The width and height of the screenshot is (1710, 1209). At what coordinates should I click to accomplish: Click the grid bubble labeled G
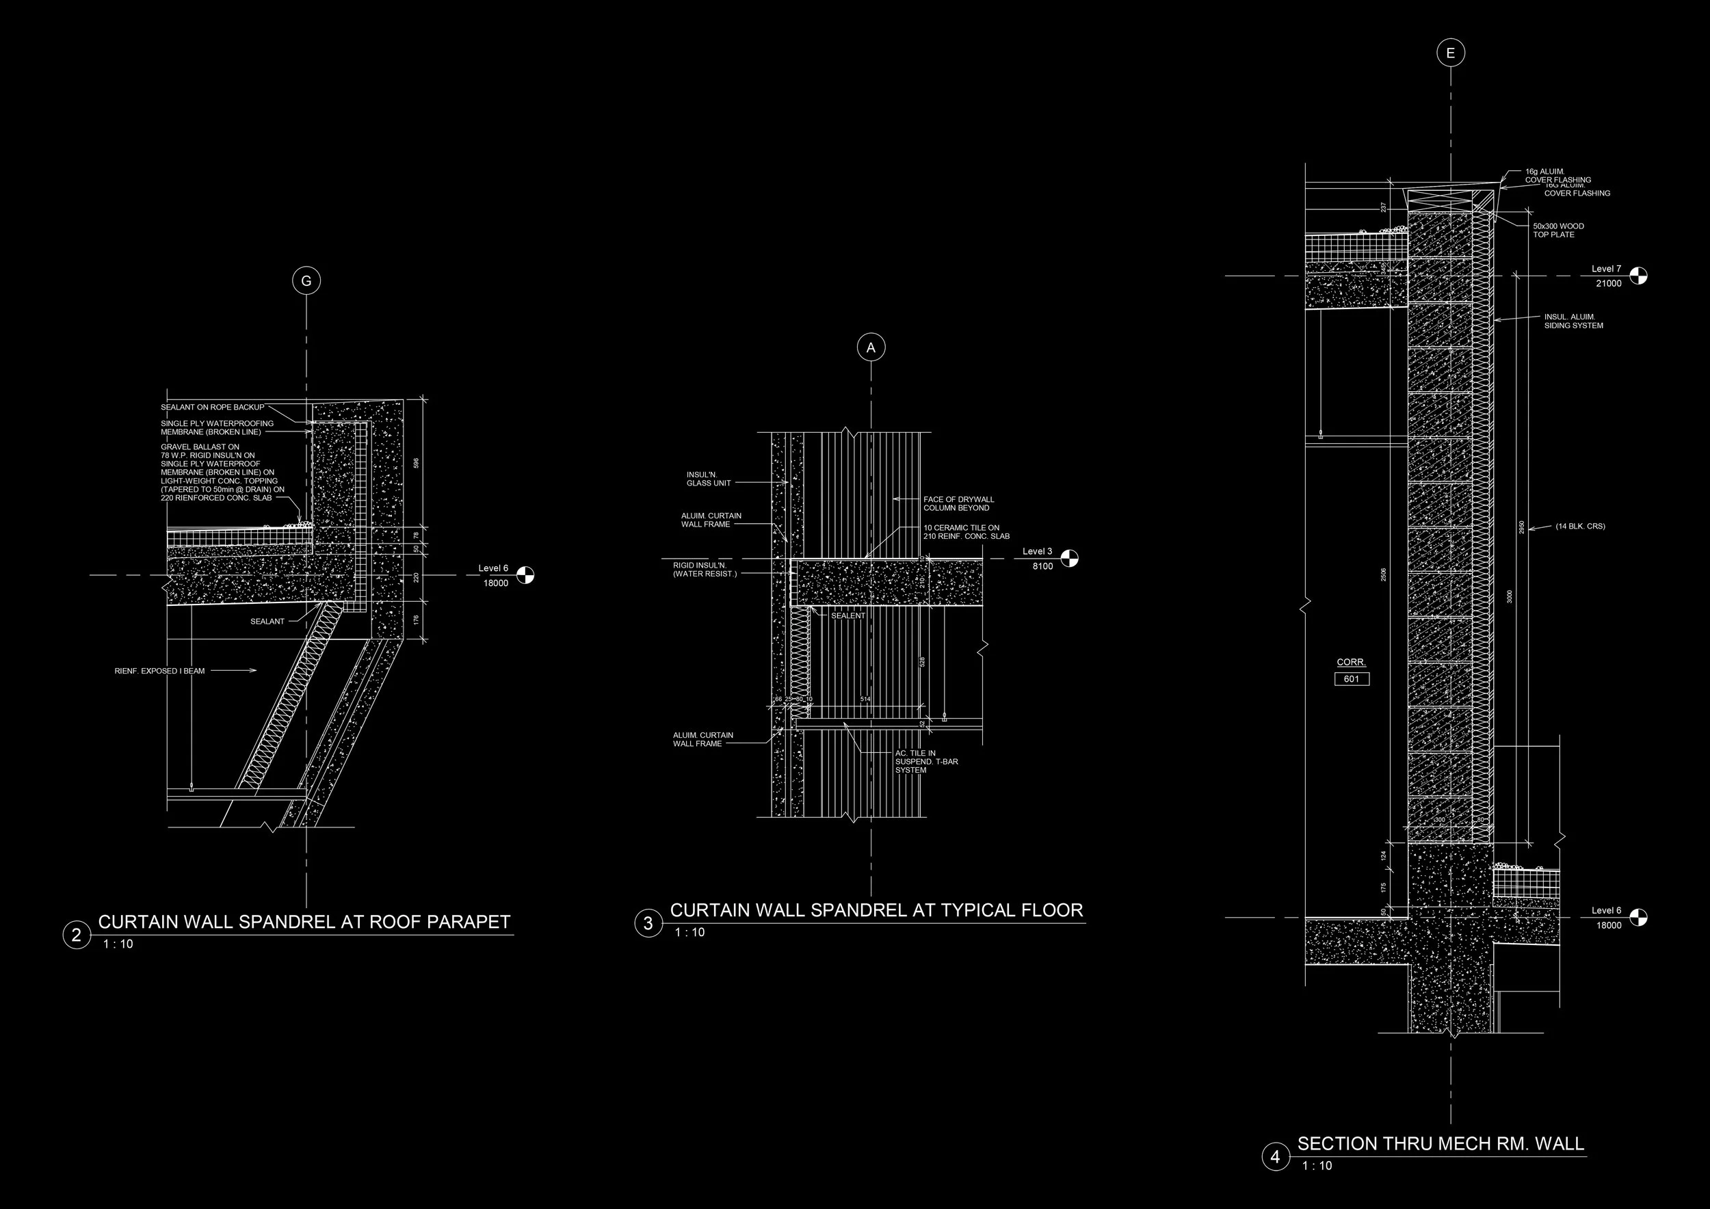coord(306,280)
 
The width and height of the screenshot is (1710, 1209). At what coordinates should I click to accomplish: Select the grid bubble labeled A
coord(871,347)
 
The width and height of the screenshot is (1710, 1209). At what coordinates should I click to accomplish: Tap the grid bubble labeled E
coord(1450,53)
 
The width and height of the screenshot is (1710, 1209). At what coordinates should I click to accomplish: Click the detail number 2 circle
coord(76,935)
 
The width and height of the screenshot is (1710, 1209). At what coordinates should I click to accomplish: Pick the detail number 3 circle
coord(648,923)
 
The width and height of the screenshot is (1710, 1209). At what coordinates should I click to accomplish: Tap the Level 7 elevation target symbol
coord(1638,276)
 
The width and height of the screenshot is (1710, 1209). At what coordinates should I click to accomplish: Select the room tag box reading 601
coord(1351,679)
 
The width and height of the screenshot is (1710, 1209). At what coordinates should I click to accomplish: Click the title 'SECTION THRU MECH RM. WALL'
coord(1441,1143)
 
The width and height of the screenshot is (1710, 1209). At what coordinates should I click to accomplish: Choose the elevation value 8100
coord(1042,566)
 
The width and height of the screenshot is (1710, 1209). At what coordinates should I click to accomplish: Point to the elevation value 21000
coord(1608,284)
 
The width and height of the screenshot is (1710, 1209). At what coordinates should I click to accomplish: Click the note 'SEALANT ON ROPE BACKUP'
coord(212,408)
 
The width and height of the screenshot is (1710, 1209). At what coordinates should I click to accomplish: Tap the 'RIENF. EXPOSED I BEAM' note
coord(159,671)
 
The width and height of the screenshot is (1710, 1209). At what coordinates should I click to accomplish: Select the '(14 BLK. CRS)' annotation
coord(1579,527)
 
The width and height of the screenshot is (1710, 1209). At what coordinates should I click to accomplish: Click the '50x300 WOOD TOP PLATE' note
coord(1558,230)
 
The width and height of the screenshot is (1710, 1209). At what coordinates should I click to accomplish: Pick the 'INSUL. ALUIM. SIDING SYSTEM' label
coord(1573,321)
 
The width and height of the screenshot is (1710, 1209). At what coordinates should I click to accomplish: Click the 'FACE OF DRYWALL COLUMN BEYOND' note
coord(958,503)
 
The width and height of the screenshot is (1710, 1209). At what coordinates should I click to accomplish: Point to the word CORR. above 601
coord(1351,662)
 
